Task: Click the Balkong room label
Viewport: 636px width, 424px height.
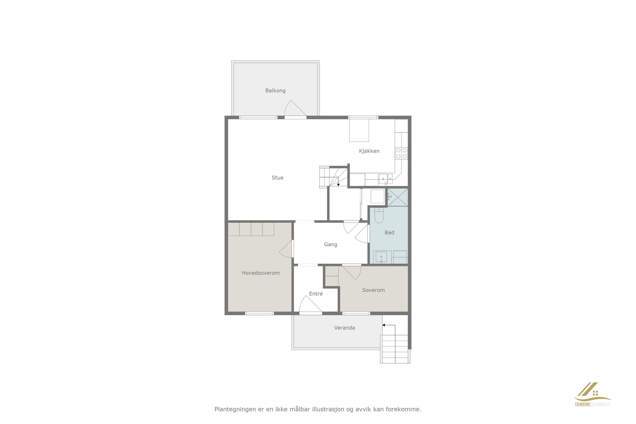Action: click(x=275, y=91)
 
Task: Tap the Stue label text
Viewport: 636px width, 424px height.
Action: click(x=277, y=178)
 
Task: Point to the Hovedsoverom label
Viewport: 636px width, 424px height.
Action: click(x=261, y=273)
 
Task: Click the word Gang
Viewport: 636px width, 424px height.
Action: click(x=330, y=244)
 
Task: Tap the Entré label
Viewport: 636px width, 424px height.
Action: click(x=316, y=294)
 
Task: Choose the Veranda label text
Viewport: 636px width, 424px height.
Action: click(x=344, y=328)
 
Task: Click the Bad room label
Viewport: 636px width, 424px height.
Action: click(x=389, y=233)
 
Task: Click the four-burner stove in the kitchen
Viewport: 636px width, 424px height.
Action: click(x=401, y=153)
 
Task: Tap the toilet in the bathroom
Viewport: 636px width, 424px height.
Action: click(x=379, y=215)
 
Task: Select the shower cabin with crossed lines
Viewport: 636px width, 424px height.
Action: click(x=397, y=197)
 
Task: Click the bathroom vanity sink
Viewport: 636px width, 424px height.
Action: click(x=381, y=257)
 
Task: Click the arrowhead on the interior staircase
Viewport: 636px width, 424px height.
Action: click(x=338, y=185)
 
